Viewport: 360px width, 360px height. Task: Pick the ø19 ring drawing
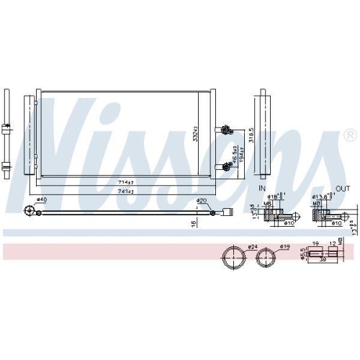268,257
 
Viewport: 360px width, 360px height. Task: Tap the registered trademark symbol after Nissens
349,135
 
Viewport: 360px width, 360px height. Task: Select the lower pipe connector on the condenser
226,166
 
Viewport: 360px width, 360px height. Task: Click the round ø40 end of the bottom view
30,210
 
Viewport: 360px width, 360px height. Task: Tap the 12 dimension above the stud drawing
331,244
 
